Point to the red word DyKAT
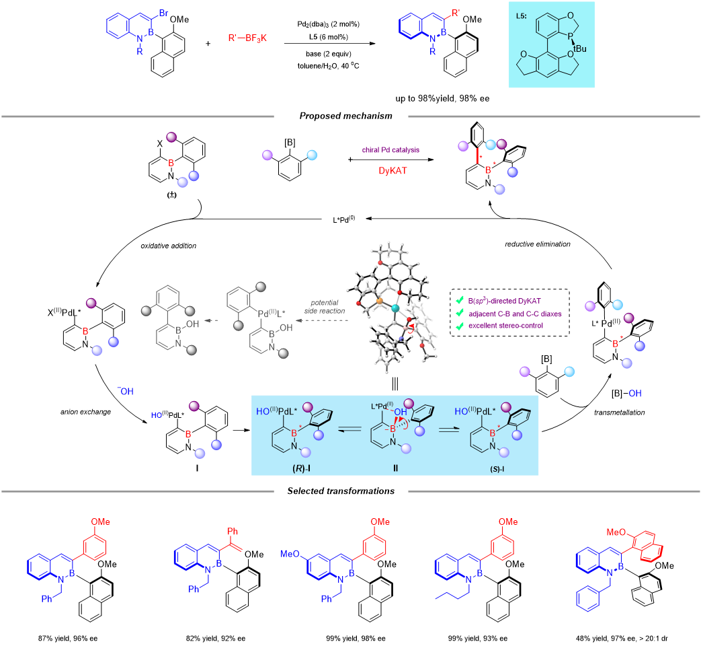[x=392, y=171]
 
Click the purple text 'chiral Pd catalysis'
[x=390, y=149]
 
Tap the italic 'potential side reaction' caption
[x=327, y=307]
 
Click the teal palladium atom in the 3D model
[x=395, y=307]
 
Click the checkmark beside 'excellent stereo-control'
[x=459, y=326]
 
